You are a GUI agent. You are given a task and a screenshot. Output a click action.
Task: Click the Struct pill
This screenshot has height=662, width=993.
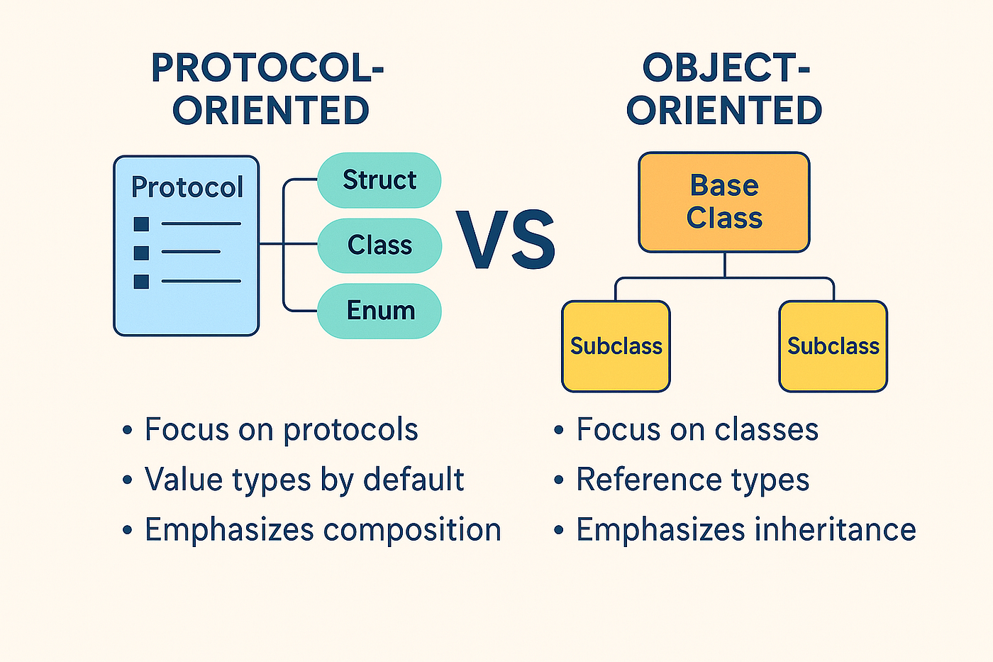click(379, 180)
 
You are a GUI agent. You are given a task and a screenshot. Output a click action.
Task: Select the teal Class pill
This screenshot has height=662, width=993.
click(379, 246)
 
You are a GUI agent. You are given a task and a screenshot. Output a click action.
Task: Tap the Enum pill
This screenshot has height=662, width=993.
click(379, 311)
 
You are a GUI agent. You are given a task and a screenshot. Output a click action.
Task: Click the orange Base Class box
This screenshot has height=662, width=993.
click(724, 202)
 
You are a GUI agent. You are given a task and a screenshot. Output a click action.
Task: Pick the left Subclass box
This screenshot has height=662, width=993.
click(616, 346)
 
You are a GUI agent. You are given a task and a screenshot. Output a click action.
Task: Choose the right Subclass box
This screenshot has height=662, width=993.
click(833, 346)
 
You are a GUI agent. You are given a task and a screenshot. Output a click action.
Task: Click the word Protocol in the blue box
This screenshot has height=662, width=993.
click(187, 187)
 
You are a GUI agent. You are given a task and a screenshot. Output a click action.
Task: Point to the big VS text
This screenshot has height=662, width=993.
click(505, 239)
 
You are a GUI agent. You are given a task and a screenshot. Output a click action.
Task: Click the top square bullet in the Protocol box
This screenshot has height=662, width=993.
click(141, 224)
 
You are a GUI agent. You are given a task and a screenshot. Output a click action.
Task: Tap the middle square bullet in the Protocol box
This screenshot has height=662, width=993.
click(141, 253)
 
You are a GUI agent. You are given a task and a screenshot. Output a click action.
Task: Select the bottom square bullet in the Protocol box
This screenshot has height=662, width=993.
click(141, 282)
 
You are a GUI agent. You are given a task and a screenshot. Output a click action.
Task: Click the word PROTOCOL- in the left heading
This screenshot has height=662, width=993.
click(267, 68)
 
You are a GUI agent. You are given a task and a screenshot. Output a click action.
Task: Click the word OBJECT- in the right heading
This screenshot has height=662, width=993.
click(726, 68)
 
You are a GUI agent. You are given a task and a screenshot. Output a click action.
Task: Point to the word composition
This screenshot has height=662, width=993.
click(412, 530)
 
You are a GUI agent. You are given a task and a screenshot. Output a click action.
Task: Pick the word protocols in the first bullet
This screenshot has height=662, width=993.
click(350, 430)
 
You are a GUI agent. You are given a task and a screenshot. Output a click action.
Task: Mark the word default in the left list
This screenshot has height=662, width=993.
click(414, 479)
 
